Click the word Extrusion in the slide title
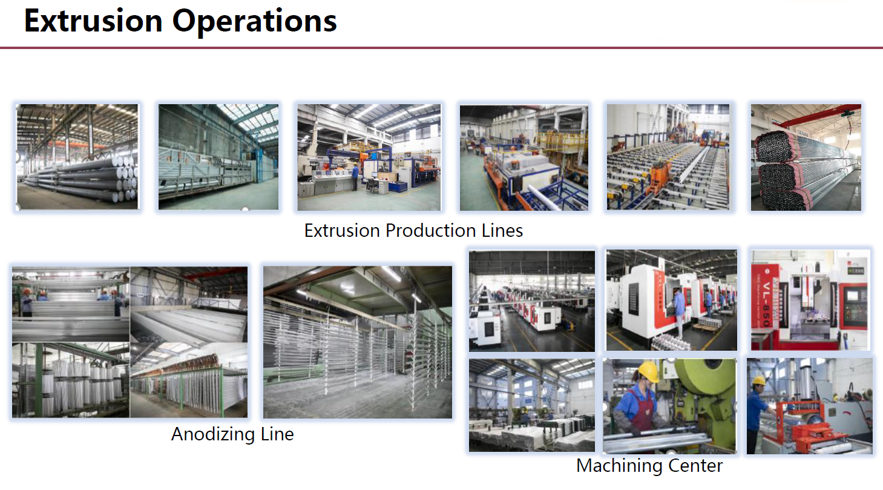[93, 21]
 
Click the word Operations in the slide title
[255, 22]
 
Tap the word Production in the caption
[430, 230]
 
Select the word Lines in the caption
[502, 230]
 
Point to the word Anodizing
[213, 435]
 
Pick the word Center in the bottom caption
[695, 466]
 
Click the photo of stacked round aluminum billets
[77, 157]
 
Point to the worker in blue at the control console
[355, 177]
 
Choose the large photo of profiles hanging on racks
[358, 342]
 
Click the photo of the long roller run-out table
[668, 157]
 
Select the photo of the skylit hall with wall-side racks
[218, 157]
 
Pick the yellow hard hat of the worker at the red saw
[759, 380]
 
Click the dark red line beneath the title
[442, 48]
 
